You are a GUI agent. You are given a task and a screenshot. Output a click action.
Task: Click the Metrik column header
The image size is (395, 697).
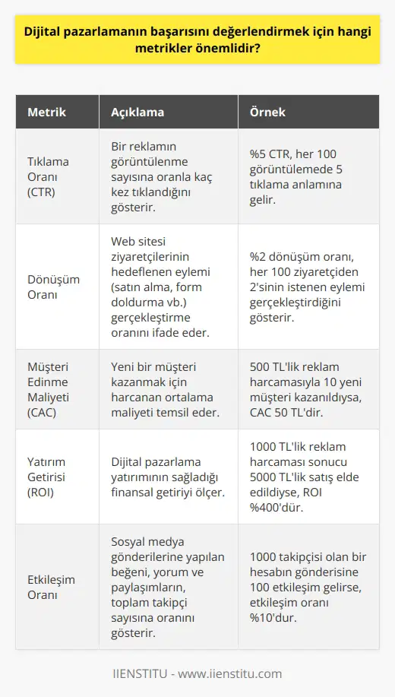click(x=46, y=112)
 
